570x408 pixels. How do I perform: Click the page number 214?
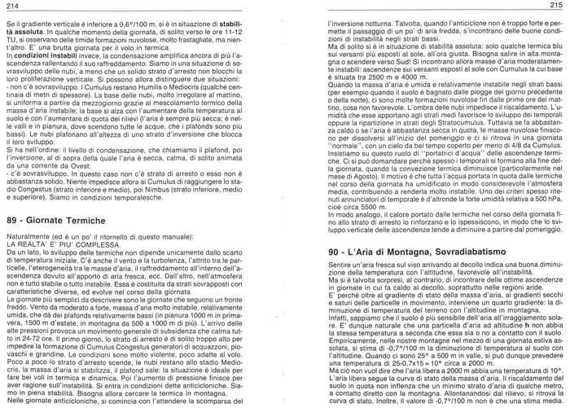coord(11,7)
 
